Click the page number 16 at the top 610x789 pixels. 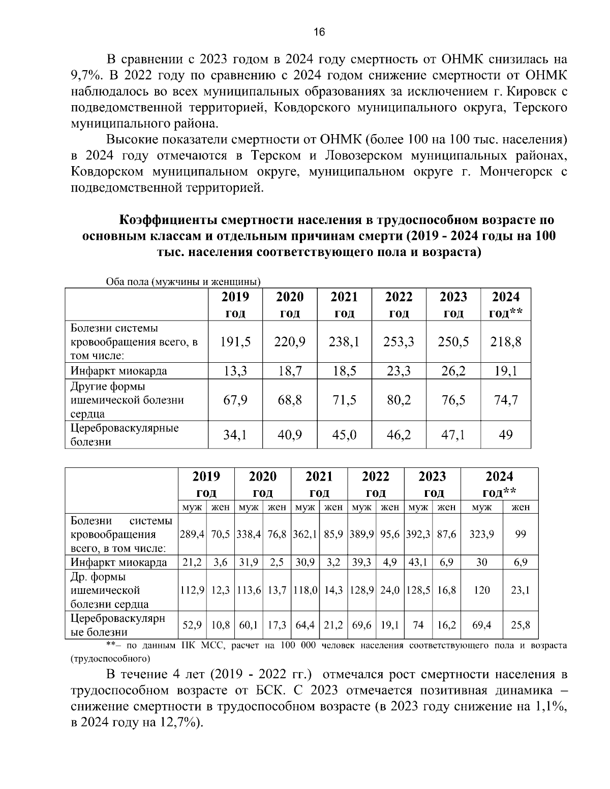coord(319,32)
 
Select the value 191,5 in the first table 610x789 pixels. coord(235,342)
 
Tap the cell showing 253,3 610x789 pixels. coord(399,342)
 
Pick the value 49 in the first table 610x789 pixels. coord(506,435)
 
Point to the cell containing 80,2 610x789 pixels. coord(399,400)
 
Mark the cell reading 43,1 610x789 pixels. coord(417,562)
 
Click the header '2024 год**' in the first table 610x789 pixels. coord(506,305)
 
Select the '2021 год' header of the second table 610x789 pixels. coord(319,484)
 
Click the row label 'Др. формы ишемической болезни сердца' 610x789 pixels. coord(110,590)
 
